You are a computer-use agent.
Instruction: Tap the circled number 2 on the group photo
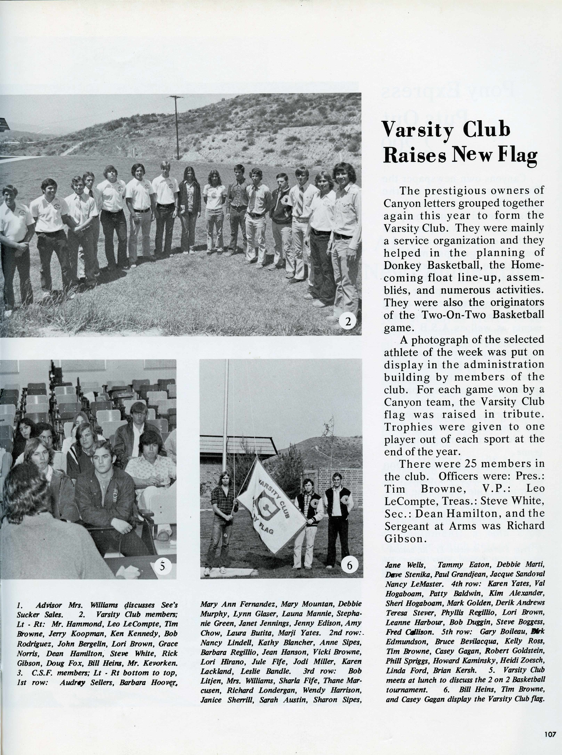point(348,322)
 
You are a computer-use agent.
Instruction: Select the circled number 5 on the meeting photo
point(162,566)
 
